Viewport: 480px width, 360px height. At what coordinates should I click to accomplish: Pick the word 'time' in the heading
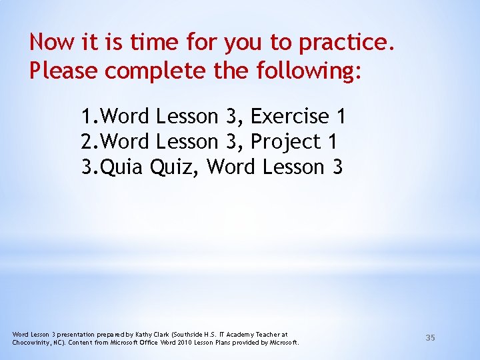point(154,43)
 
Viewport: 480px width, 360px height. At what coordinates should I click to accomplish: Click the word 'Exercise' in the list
point(291,117)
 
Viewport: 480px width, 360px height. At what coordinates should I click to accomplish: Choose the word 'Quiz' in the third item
point(175,167)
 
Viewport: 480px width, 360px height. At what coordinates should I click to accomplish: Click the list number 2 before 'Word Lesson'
point(88,142)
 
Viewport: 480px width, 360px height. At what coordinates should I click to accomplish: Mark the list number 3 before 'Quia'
point(88,167)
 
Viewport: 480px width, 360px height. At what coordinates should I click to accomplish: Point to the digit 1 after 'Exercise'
point(341,117)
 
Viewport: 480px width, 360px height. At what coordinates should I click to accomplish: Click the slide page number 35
point(430,338)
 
